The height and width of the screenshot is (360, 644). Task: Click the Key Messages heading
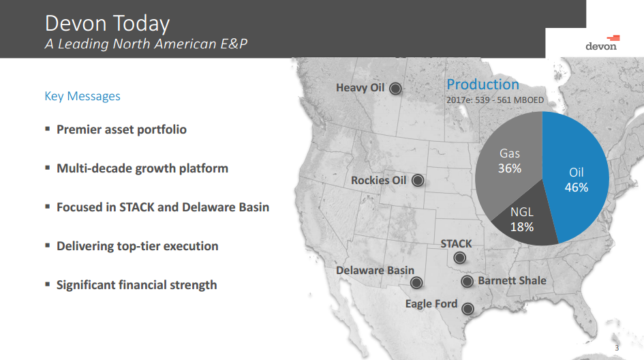click(82, 96)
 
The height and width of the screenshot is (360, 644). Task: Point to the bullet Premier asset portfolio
click(121, 130)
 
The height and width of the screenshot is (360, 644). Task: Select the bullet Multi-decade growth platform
click(142, 168)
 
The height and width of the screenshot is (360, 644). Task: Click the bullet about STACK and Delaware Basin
click(163, 207)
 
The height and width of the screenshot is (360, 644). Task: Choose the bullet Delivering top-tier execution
click(137, 246)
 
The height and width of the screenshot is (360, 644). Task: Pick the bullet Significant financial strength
click(136, 285)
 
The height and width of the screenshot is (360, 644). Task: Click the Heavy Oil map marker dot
click(395, 88)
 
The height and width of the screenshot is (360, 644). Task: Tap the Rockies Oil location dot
click(418, 181)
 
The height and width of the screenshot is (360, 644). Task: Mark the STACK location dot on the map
click(460, 258)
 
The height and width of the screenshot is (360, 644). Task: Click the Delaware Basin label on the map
click(375, 271)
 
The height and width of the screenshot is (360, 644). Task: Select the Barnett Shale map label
click(512, 280)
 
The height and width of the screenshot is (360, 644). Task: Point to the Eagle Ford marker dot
click(468, 307)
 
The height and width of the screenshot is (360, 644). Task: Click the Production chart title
click(482, 85)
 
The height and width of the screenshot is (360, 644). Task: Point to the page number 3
click(617, 348)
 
